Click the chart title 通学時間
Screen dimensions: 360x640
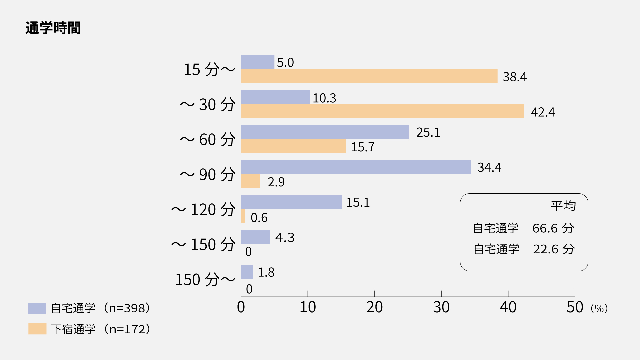pyautogui.click(x=53, y=28)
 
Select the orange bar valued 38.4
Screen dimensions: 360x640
pyautogui.click(x=369, y=76)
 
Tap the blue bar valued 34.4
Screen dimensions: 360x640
pyautogui.click(x=356, y=167)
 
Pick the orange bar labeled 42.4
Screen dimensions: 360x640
pyautogui.click(x=382, y=111)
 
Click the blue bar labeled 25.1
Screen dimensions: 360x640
pyautogui.click(x=325, y=132)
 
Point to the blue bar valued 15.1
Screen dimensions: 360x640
pyautogui.click(x=291, y=202)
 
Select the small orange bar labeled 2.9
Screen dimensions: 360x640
pyautogui.click(x=251, y=181)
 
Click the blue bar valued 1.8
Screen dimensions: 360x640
pyautogui.click(x=247, y=272)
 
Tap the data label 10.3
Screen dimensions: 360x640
pyautogui.click(x=324, y=98)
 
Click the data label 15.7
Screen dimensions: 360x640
pyautogui.click(x=363, y=147)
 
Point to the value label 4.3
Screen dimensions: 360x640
pyautogui.click(x=285, y=237)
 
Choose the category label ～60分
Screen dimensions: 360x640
pyautogui.click(x=208, y=140)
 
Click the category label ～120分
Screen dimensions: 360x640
pyautogui.click(x=203, y=210)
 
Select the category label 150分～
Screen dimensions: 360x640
pyautogui.click(x=205, y=280)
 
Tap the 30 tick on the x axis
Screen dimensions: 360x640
pyautogui.click(x=441, y=307)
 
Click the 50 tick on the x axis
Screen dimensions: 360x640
pyautogui.click(x=575, y=307)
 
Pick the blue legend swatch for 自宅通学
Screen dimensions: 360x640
pyautogui.click(x=37, y=308)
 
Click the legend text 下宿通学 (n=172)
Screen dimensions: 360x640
pyautogui.click(x=100, y=329)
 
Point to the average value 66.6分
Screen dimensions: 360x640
pyautogui.click(x=553, y=228)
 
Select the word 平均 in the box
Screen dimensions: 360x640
pyautogui.click(x=563, y=206)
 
